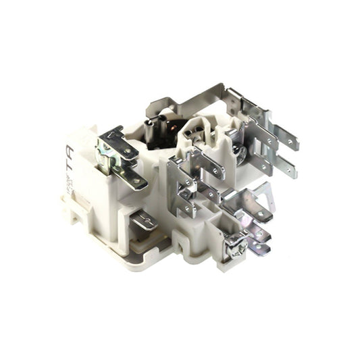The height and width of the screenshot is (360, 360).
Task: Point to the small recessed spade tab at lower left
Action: (x=144, y=220)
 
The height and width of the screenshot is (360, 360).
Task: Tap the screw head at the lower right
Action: (x=236, y=247)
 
